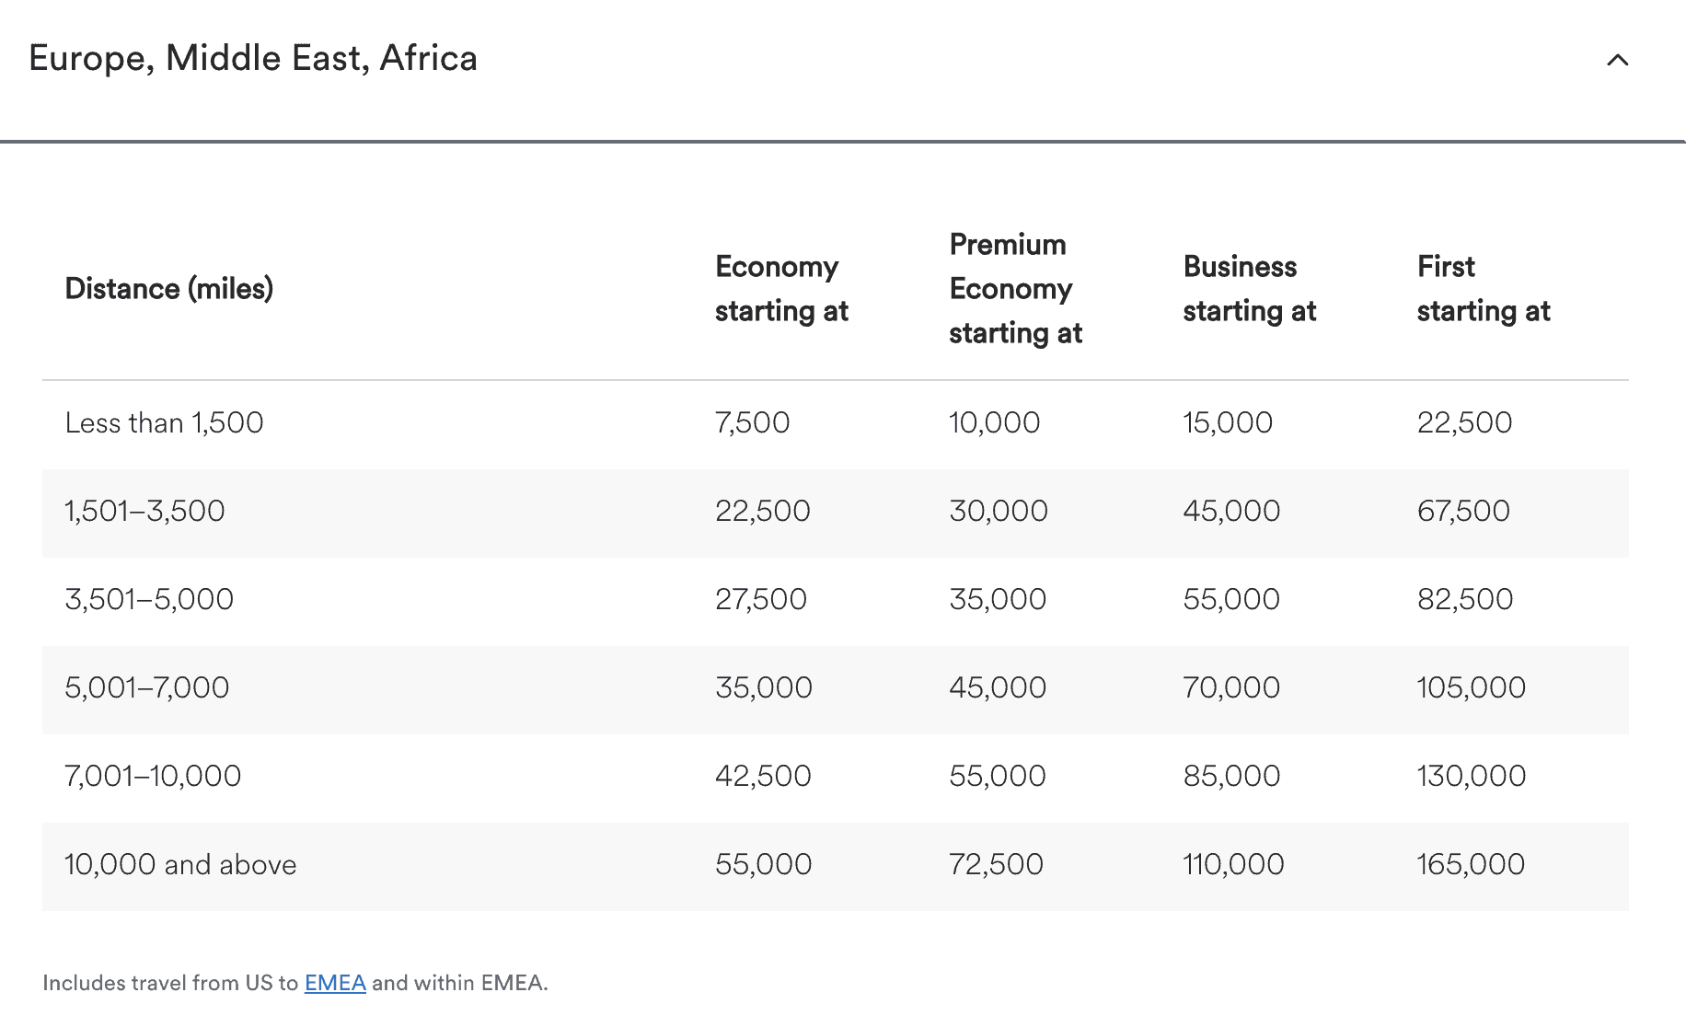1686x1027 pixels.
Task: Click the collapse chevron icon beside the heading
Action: (x=1617, y=61)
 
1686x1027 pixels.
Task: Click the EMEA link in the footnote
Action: (x=335, y=983)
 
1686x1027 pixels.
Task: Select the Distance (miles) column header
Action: (x=169, y=289)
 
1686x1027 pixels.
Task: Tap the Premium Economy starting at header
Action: (x=1015, y=289)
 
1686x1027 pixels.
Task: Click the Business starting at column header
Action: (x=1249, y=289)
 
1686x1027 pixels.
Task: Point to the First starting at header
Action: (x=1483, y=289)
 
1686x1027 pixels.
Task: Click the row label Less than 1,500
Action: (x=164, y=423)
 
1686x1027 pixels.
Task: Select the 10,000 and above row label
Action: (x=180, y=865)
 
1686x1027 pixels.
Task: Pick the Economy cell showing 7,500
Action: (x=752, y=423)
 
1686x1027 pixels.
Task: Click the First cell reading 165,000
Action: (x=1471, y=865)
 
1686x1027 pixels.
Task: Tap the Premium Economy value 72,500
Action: (x=996, y=865)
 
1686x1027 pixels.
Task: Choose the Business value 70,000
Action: (x=1231, y=688)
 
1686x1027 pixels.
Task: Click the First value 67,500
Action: (x=1463, y=512)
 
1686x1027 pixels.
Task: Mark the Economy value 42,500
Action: (x=763, y=777)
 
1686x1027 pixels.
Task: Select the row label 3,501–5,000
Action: (x=149, y=600)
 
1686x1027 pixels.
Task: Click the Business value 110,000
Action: (x=1233, y=865)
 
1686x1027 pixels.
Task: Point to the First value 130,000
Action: (x=1471, y=777)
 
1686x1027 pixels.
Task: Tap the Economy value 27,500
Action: (x=761, y=600)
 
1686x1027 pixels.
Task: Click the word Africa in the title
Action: (x=429, y=59)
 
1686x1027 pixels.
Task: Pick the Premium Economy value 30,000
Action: (x=999, y=512)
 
